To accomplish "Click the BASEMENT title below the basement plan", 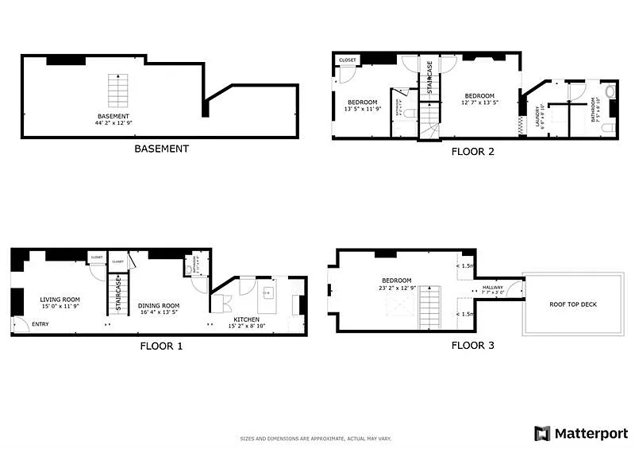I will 161,149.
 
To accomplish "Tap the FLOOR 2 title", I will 472,151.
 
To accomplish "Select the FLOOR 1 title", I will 161,346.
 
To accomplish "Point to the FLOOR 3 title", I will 472,345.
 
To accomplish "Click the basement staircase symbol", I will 118,91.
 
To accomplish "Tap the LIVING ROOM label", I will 60,300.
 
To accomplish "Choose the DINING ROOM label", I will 159,306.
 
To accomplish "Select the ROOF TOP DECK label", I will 573,304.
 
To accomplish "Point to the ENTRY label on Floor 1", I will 39,323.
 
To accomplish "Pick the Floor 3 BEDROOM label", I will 397,281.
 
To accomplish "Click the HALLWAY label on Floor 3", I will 493,287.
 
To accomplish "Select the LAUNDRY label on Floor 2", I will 539,116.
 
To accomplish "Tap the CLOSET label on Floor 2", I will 348,60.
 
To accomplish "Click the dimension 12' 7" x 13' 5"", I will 479,102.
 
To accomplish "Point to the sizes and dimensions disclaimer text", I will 316,438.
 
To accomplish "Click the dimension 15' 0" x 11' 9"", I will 60,306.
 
